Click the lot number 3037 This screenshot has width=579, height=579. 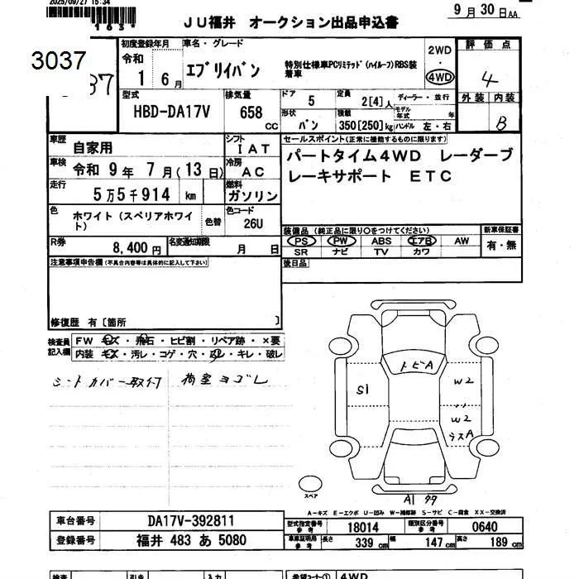[x=58, y=60]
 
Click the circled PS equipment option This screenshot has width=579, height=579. [x=301, y=241]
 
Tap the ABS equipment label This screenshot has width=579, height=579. [x=381, y=241]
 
